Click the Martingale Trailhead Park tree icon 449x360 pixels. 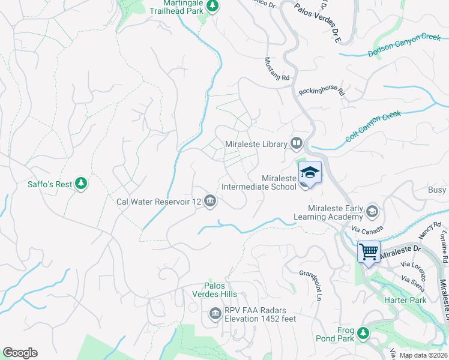click(212, 6)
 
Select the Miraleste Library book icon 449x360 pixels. click(296, 143)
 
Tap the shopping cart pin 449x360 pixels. click(368, 251)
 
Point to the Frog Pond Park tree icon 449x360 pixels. click(363, 333)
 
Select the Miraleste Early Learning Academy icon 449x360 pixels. click(372, 212)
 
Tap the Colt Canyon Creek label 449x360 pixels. click(373, 126)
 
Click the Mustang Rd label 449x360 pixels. click(277, 70)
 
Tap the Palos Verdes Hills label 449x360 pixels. click(220, 290)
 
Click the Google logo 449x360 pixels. click(20, 353)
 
